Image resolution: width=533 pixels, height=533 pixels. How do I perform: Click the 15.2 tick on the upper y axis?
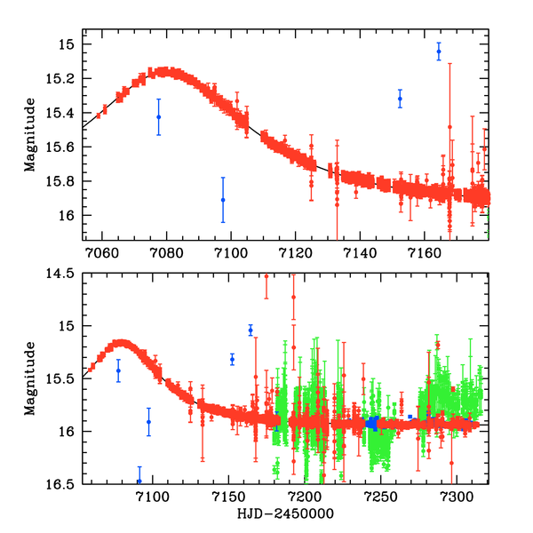64,78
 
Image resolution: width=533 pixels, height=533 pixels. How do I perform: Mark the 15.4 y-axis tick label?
64,113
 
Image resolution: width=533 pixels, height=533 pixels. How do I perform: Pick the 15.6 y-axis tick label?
64,147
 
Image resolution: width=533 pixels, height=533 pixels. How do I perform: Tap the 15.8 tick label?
64,181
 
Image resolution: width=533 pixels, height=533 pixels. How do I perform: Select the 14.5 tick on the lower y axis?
64,274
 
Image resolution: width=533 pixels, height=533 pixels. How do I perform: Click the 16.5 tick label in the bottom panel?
64,484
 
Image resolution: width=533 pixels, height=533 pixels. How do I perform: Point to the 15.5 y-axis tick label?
64,378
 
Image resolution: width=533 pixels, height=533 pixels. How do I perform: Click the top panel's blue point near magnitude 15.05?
439,52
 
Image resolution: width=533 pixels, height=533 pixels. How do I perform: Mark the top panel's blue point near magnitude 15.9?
223,199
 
